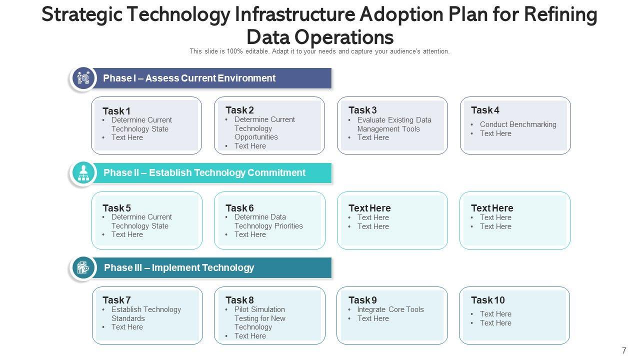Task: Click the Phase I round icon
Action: [x=83, y=78]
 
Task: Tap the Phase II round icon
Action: [x=83, y=173]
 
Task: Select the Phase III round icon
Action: [x=83, y=268]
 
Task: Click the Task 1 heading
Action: [x=116, y=111]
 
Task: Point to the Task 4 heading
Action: [x=485, y=110]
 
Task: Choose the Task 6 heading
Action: [x=239, y=208]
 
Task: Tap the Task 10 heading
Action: [x=487, y=300]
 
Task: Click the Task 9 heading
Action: [x=362, y=300]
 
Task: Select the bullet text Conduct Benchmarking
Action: [x=518, y=124]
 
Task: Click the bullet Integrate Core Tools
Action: [x=390, y=309]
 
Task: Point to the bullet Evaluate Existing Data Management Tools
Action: [x=394, y=124]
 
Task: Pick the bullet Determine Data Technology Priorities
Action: [x=268, y=221]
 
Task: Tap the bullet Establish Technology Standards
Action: [x=146, y=314]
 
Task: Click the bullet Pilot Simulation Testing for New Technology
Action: [x=260, y=318]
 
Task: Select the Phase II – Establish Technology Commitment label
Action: [x=204, y=173]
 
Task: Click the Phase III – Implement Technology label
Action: [x=179, y=268]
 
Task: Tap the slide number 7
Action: [x=623, y=350]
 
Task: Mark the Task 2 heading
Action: [x=239, y=110]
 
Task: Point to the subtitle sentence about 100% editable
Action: [x=319, y=51]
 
